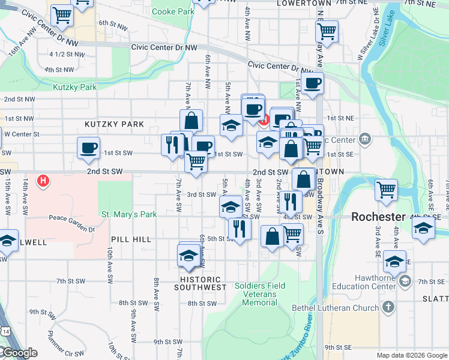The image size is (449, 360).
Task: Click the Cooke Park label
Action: point(173,11)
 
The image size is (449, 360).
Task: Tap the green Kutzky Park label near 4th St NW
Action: point(74,87)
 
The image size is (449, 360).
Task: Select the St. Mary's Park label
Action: point(128,214)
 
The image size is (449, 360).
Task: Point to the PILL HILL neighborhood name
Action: point(131,239)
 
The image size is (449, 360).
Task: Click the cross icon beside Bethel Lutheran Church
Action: point(388,308)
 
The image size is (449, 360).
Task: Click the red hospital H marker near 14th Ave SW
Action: point(43,179)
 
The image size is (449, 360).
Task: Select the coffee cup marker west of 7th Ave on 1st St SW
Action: point(89,148)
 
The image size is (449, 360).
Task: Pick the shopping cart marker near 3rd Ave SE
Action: point(386,189)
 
